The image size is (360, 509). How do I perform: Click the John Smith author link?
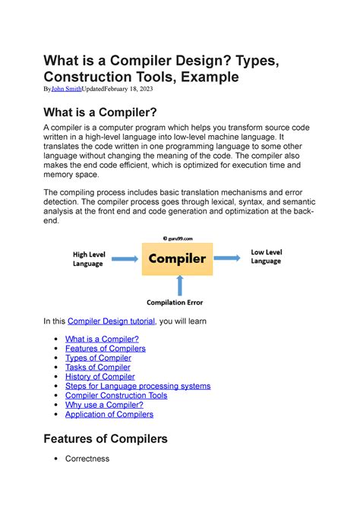(65, 89)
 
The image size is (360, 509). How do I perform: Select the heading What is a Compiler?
(111, 112)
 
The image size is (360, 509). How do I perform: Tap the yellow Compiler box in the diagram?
(177, 259)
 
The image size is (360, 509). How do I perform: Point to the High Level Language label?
(90, 259)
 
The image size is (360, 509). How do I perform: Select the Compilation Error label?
(175, 302)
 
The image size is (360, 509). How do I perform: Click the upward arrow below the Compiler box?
(178, 286)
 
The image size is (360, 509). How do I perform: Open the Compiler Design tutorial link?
(111, 321)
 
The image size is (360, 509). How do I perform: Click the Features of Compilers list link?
(105, 349)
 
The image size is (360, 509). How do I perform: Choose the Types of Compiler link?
(98, 358)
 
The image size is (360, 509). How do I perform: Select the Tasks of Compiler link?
(98, 367)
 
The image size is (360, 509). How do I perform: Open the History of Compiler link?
(99, 377)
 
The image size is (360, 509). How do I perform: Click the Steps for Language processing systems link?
(137, 386)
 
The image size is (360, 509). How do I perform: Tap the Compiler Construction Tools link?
(116, 395)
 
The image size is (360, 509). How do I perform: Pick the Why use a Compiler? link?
(104, 405)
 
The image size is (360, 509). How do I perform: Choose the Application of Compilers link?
(109, 414)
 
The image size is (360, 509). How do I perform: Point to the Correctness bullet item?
(87, 459)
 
